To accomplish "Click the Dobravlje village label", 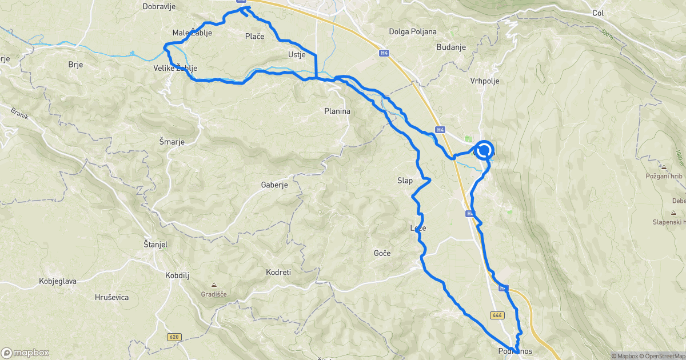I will pyautogui.click(x=159, y=7).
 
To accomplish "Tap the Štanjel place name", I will pyautogui.click(x=155, y=245).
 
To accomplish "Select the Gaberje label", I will pyautogui.click(x=274, y=185).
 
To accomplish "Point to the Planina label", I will pyautogui.click(x=337, y=111).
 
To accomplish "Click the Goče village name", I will pyautogui.click(x=382, y=253).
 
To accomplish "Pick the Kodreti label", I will pyautogui.click(x=278, y=272).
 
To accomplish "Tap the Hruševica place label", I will pyautogui.click(x=112, y=297).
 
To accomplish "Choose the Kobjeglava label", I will pyautogui.click(x=58, y=281).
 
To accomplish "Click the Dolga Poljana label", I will pyautogui.click(x=412, y=31).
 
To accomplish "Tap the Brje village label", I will pyautogui.click(x=75, y=65).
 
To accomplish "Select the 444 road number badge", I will pyautogui.click(x=497, y=315).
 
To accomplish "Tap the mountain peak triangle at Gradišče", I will pyautogui.click(x=214, y=285).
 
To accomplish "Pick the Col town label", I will pyautogui.click(x=598, y=13).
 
